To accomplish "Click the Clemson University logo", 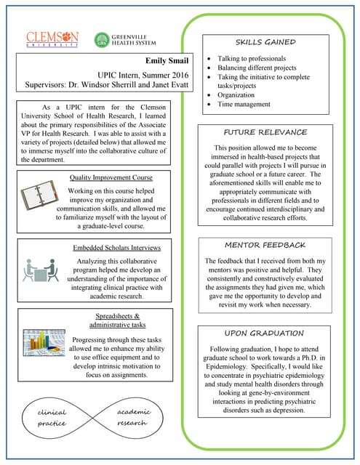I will tap(52, 39).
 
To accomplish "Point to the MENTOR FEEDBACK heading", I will tap(264, 245).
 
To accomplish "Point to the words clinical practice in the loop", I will tap(52, 418).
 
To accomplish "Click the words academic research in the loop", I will tap(132, 417).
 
